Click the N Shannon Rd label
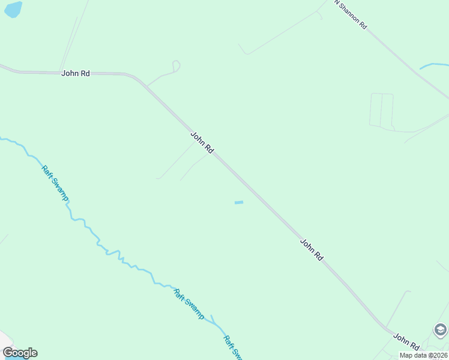pos(351,14)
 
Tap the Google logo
pos(20,353)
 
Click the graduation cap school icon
pos(440,330)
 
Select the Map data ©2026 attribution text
pos(424,355)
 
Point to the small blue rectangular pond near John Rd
pos(239,202)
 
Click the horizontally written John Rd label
pos(76,73)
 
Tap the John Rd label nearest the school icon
pos(406,342)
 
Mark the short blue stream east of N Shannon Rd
pos(433,65)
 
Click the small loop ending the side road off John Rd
pos(176,65)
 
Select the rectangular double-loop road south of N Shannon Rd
pos(381,110)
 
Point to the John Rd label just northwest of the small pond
pos(202,143)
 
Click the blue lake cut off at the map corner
pos(13,8)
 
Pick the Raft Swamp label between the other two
pos(189,304)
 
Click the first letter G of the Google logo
pos(8,353)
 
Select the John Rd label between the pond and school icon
pos(312,249)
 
